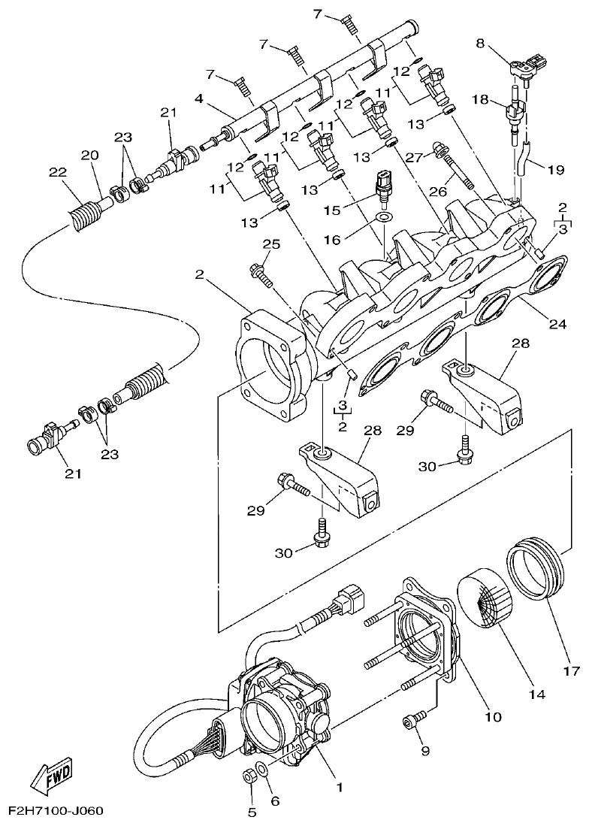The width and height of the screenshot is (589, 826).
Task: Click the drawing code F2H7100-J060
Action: [56, 812]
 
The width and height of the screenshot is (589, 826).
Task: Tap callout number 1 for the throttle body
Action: [340, 788]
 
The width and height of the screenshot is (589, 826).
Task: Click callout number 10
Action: [492, 718]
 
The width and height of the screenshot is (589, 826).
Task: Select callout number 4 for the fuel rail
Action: [199, 98]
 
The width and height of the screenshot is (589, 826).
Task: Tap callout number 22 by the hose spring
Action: [58, 171]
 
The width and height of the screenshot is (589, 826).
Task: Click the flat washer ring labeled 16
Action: [384, 217]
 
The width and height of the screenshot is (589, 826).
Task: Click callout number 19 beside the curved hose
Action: [554, 170]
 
